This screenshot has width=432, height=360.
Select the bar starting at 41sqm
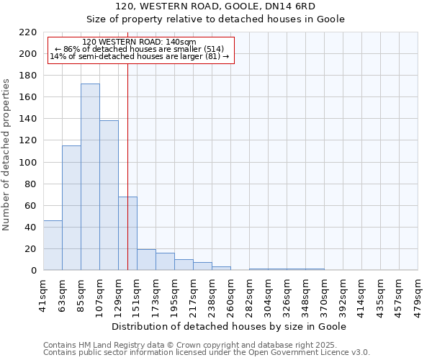[x=53, y=246]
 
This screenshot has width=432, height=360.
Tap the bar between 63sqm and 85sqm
[x=71, y=208]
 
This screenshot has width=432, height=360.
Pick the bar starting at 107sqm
[x=109, y=195]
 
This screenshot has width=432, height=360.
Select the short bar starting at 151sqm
[x=146, y=260]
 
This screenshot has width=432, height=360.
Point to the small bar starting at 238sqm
[x=221, y=269]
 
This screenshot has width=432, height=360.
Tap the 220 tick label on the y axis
[x=28, y=32]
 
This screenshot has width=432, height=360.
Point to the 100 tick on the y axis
[x=28, y=162]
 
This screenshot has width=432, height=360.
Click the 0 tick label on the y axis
[x=33, y=271]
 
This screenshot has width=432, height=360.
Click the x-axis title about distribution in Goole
[x=230, y=327]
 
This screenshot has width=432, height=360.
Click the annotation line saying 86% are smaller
[x=140, y=49]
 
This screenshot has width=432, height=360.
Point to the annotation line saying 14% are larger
[x=140, y=56]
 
